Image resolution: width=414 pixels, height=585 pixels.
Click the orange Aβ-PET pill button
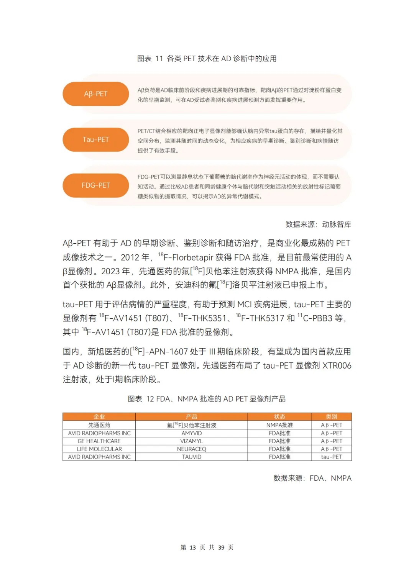[95, 94]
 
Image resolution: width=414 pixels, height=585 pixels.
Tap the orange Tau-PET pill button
[95, 139]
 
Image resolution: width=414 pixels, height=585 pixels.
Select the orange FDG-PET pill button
[95, 185]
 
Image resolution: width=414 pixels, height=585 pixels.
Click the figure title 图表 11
[207, 59]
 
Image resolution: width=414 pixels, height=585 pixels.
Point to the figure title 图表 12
[207, 399]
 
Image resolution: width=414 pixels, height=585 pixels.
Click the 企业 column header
[99, 417]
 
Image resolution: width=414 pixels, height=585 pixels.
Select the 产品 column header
[191, 417]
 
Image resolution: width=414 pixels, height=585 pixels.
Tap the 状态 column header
[279, 417]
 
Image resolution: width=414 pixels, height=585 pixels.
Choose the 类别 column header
[331, 417]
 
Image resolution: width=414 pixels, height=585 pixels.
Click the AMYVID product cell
[191, 433]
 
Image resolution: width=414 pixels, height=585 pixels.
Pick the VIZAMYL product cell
[191, 441]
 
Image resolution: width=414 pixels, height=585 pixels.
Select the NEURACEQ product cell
[191, 449]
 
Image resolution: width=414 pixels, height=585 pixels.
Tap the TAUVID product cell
[191, 457]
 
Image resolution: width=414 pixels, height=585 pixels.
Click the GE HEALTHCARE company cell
[99, 441]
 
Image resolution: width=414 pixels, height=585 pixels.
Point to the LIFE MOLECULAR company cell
[99, 449]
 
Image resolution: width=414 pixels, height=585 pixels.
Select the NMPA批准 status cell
[279, 425]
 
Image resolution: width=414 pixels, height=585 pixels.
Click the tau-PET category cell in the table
[331, 457]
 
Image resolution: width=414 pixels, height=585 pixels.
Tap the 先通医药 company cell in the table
[99, 425]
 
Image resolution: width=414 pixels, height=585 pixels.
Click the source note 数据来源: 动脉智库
[318, 224]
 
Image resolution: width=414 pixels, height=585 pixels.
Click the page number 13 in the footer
[192, 547]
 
